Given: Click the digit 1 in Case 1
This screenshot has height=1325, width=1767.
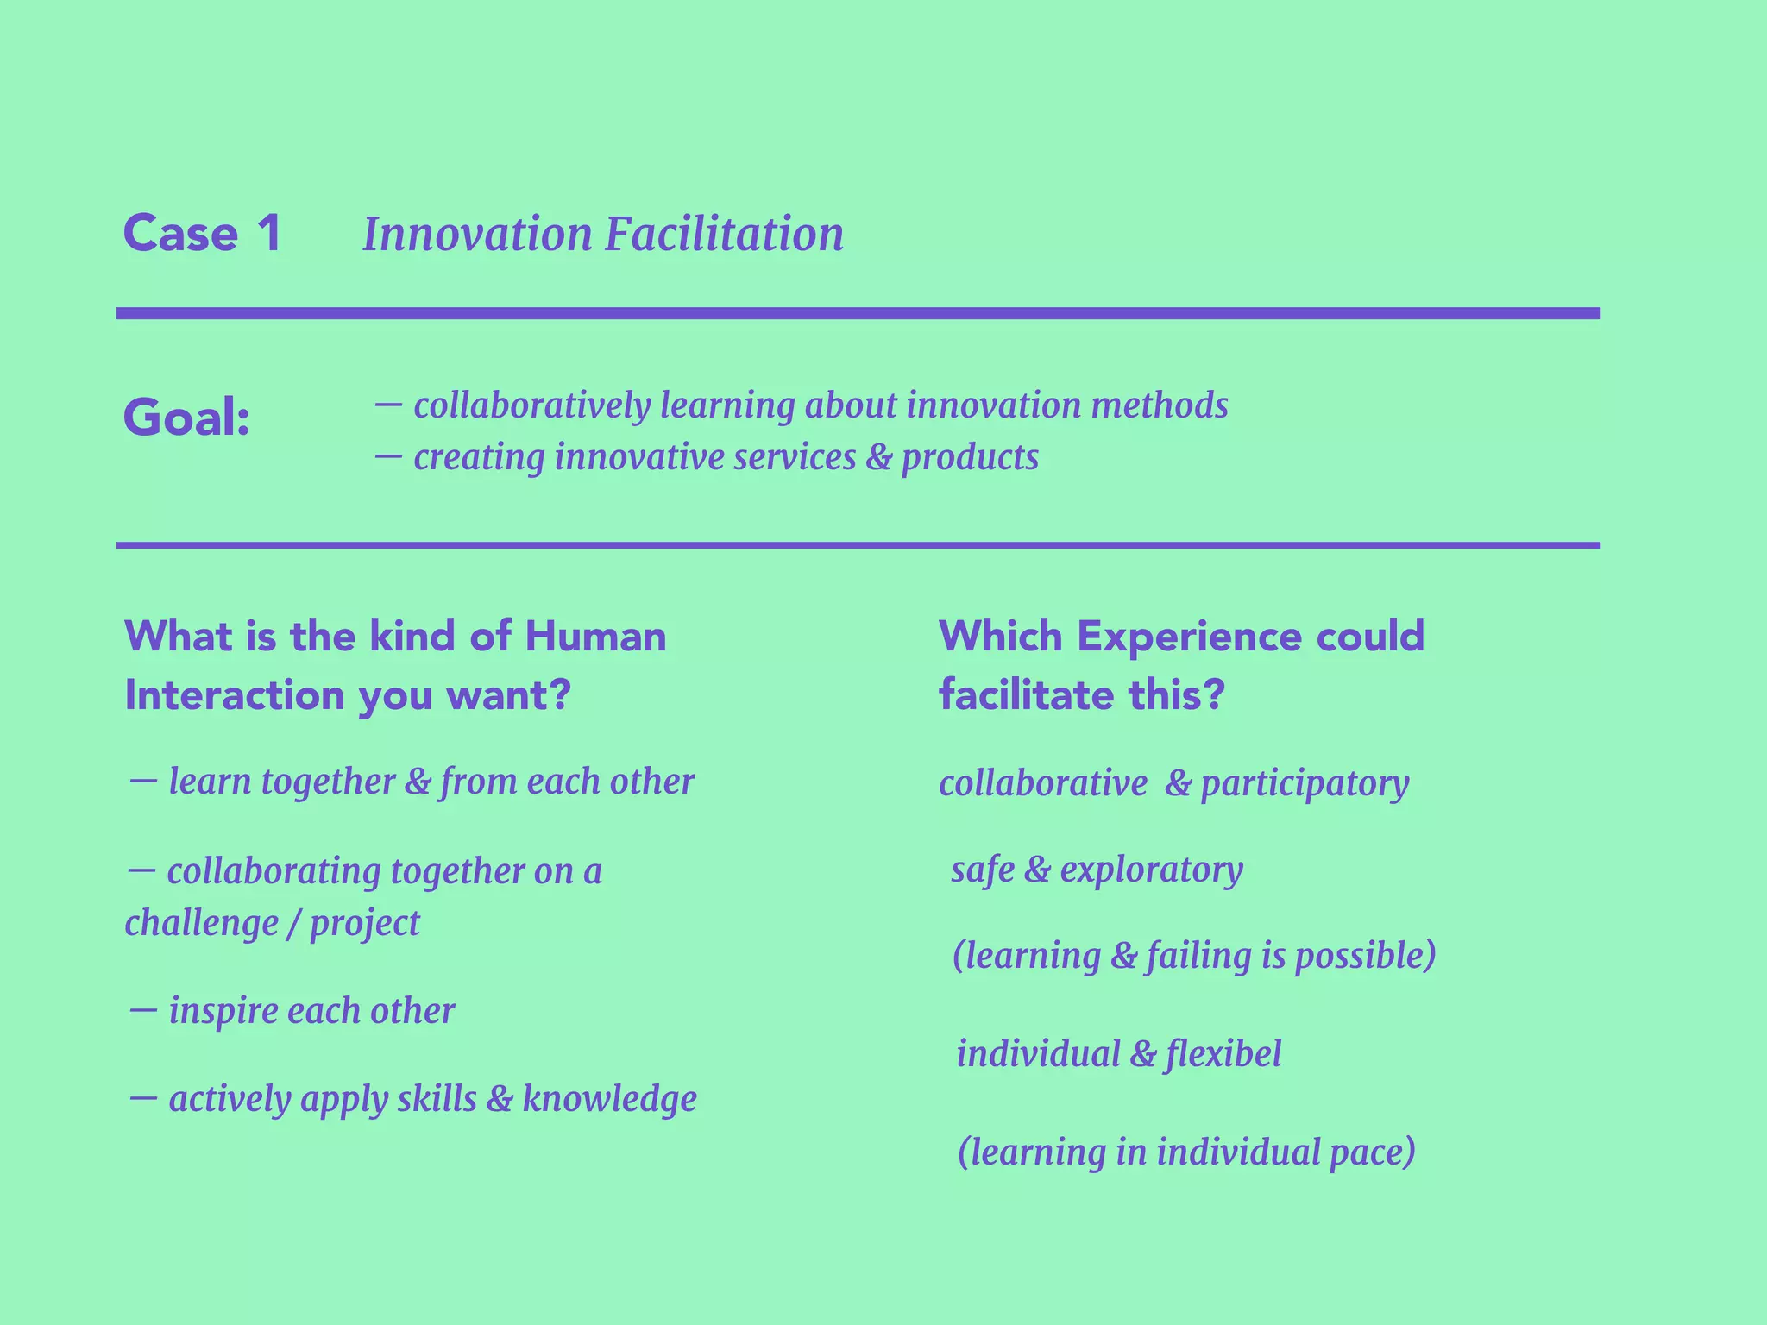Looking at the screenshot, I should pyautogui.click(x=268, y=234).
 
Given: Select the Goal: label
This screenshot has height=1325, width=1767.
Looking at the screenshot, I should pyautogui.click(x=186, y=418).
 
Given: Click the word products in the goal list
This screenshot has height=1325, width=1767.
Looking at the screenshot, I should pyautogui.click(x=970, y=457).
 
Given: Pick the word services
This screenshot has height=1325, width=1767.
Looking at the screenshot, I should pyautogui.click(x=794, y=457).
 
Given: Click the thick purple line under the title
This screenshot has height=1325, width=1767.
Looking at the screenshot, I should pyautogui.click(x=858, y=313).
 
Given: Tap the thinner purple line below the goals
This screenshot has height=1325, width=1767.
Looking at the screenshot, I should pyautogui.click(x=858, y=545).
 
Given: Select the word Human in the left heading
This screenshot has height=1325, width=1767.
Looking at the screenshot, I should pyautogui.click(x=595, y=637).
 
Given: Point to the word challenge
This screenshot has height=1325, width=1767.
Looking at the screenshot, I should pyautogui.click(x=201, y=923).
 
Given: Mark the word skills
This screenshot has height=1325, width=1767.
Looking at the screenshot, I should pyautogui.click(x=437, y=1099).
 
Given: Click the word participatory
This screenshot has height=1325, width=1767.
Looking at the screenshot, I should pyautogui.click(x=1305, y=784).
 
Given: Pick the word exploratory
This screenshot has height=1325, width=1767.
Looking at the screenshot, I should pyautogui.click(x=1151, y=870).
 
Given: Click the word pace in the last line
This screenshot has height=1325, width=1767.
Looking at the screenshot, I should pyautogui.click(x=1372, y=1153).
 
